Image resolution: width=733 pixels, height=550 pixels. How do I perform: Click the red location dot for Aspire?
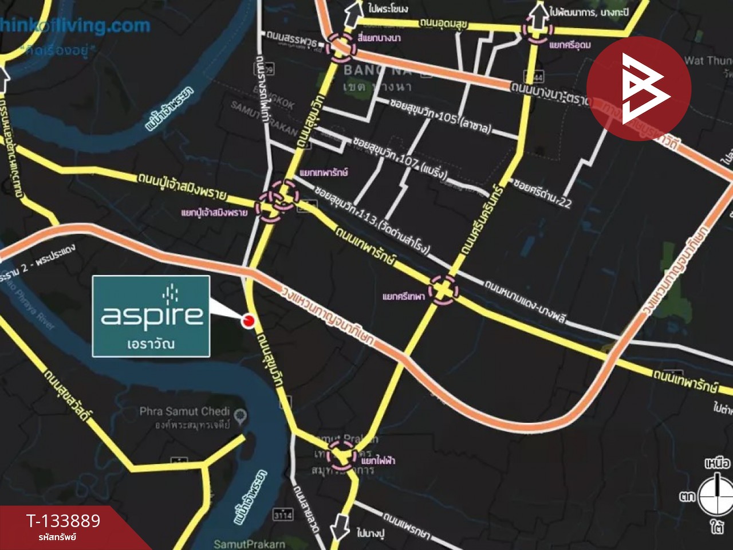[x=248, y=321]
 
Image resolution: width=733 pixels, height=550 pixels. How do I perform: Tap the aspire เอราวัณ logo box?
[x=151, y=316]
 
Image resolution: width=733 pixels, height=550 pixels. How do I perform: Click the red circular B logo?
[x=639, y=88]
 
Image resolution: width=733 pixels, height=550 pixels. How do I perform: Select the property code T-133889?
[x=63, y=521]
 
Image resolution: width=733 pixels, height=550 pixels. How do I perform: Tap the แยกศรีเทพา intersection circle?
[x=443, y=289]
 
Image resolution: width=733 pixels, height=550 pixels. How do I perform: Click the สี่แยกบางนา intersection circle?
[x=340, y=48]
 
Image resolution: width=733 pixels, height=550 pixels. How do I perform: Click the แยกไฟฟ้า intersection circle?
[x=342, y=457]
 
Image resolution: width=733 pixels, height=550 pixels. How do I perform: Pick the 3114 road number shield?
[x=283, y=514]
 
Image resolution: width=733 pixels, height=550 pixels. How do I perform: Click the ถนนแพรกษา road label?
[x=407, y=526]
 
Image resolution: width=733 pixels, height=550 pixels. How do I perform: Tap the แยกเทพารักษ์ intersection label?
[x=324, y=172]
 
